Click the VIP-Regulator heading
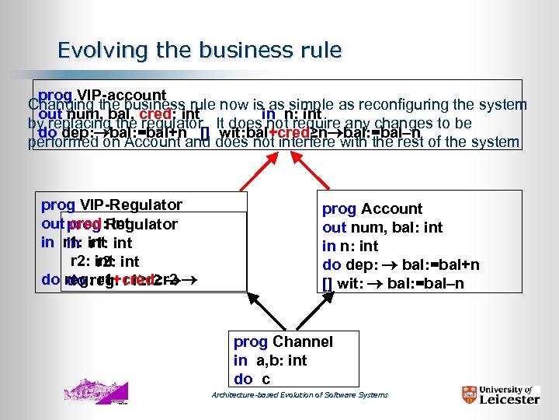point(131,205)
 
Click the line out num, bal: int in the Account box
point(382,227)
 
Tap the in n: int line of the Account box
point(350,246)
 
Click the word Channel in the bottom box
point(303,341)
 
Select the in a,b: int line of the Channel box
point(270,360)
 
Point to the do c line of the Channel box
point(252,379)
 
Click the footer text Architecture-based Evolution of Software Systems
point(300,395)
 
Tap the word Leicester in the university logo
point(508,399)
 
